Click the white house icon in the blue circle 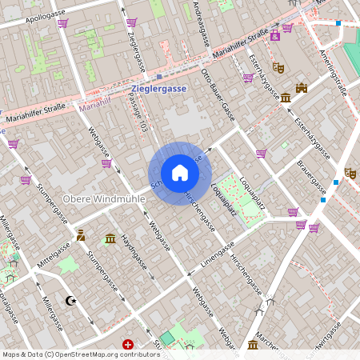pyautogui.click(x=180, y=172)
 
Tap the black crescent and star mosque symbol pyautogui.click(x=72, y=301)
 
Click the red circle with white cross pyautogui.click(x=127, y=344)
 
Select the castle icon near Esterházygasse pyautogui.click(x=301, y=88)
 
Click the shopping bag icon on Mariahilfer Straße pyautogui.click(x=274, y=36)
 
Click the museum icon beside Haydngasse pyautogui.click(x=110, y=238)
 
